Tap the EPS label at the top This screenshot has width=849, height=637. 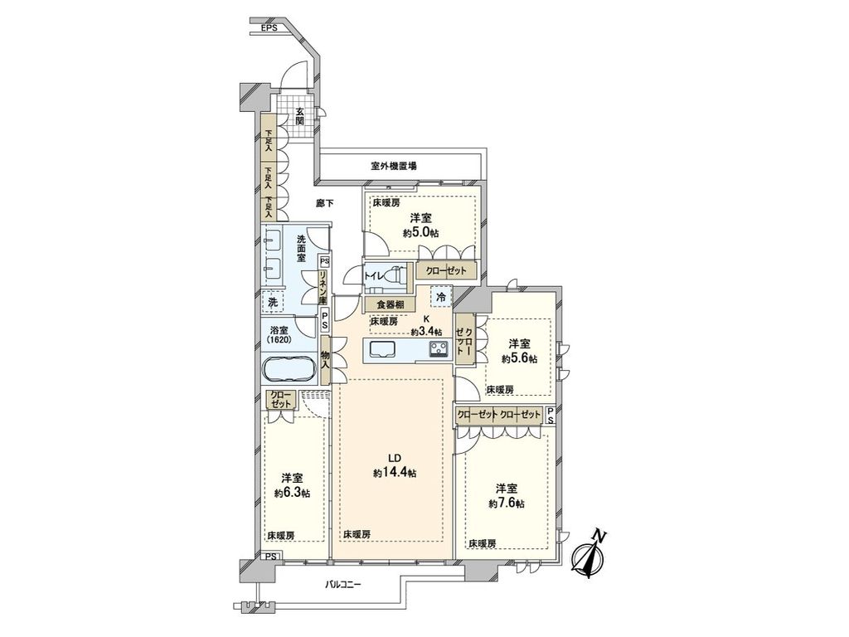[269, 27]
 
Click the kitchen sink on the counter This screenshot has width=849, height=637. [384, 348]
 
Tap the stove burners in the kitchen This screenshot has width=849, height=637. [437, 349]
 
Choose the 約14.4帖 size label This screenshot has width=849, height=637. [394, 472]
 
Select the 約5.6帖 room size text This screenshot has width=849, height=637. [519, 358]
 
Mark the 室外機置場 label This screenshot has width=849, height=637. [393, 166]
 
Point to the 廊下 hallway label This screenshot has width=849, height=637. [325, 202]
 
